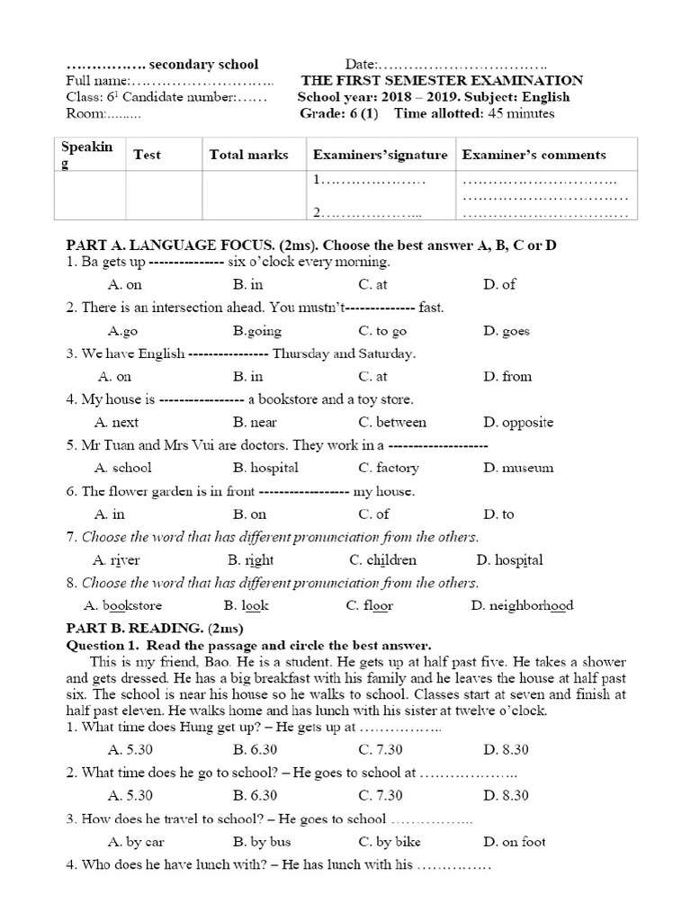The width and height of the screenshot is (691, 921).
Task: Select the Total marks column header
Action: [248, 155]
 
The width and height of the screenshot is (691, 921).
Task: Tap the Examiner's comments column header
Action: [534, 155]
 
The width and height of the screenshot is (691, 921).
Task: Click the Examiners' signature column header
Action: [380, 155]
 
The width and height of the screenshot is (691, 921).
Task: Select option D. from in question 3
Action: [507, 376]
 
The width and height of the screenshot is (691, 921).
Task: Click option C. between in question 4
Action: [392, 422]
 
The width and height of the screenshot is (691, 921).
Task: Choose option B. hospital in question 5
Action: [265, 468]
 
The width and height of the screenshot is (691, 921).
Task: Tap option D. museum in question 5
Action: [517, 468]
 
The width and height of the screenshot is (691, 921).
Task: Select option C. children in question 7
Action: [383, 559]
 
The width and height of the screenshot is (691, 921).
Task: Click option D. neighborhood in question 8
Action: [522, 605]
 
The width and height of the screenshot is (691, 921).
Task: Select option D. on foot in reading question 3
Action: [514, 842]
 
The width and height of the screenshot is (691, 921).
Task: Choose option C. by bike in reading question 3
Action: [390, 842]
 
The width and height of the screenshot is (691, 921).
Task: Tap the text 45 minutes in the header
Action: [521, 113]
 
